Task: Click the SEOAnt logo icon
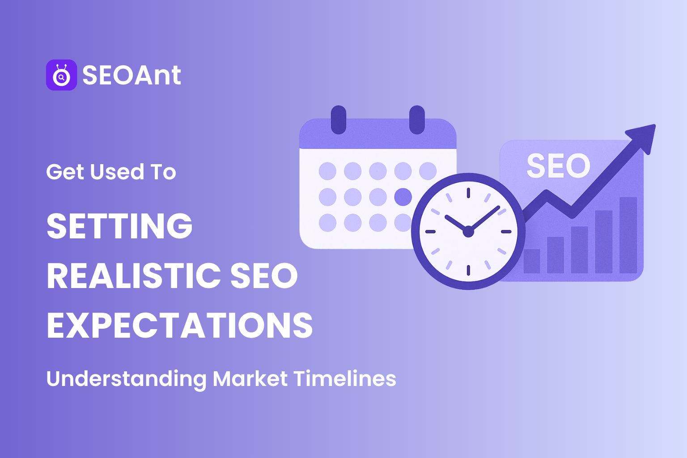62,75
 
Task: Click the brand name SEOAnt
131,75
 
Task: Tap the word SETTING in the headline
119,225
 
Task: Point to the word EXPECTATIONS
180,325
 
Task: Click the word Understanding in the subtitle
127,379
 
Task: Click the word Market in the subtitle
250,379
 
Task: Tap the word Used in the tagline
117,172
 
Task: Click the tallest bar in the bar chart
628,235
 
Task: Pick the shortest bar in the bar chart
532,261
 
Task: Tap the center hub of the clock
468,232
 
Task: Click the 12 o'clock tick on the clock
468,193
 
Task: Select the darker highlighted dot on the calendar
403,197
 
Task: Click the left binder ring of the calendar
339,120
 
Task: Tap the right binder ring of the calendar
417,120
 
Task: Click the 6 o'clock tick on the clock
468,270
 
